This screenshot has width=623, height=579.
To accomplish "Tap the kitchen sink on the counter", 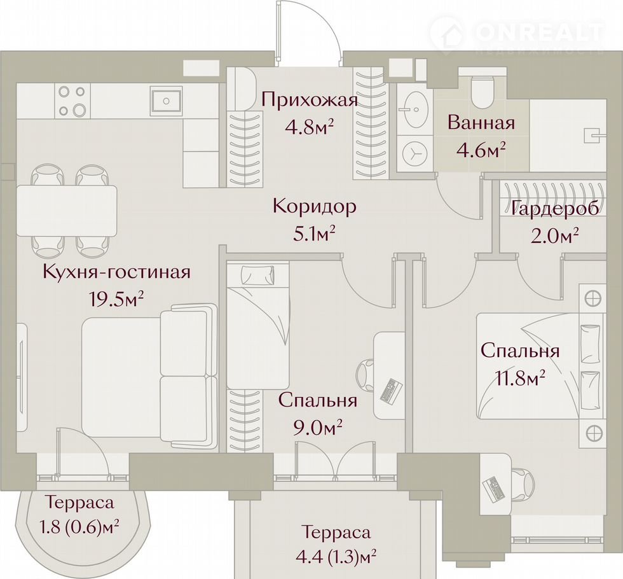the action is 166,101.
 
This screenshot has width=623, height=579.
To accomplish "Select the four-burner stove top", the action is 71,101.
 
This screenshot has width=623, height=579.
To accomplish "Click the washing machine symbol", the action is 414,153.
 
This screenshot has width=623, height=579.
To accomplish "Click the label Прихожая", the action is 310,99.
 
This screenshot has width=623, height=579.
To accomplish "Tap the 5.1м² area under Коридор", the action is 314,235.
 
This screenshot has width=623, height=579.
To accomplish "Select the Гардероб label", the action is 554,209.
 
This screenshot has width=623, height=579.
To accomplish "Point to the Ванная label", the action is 481,123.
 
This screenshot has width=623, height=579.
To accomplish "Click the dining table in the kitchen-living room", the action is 67,211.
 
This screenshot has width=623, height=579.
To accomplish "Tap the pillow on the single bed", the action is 258,274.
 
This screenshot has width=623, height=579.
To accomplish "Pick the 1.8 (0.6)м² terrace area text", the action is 79,527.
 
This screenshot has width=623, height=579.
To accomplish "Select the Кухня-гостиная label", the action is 116,273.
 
